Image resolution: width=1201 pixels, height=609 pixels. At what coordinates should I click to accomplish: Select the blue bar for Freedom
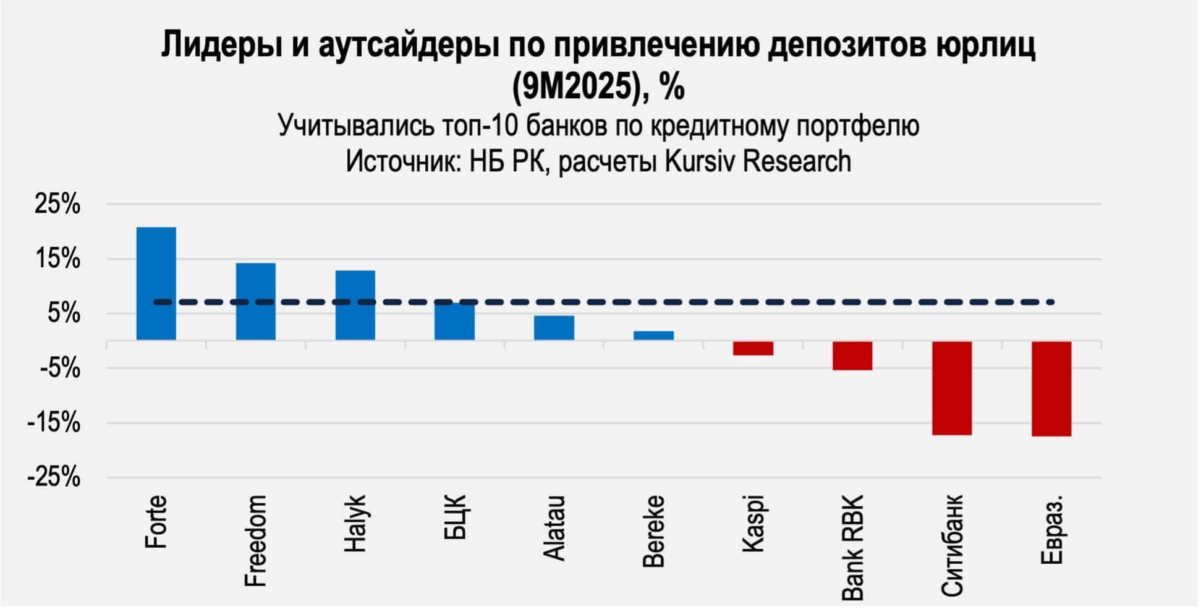[x=256, y=301]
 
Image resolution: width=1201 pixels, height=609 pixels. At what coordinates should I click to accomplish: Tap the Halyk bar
[x=355, y=305]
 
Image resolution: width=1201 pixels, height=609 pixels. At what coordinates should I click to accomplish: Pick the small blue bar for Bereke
[x=653, y=335]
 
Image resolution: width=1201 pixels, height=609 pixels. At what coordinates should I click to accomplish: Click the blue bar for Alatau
[x=554, y=328]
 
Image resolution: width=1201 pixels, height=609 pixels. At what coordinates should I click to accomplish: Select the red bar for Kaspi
[x=753, y=348]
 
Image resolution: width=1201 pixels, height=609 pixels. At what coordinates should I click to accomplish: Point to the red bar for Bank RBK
[x=852, y=356]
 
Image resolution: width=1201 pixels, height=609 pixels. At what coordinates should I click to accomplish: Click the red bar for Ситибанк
[x=952, y=388]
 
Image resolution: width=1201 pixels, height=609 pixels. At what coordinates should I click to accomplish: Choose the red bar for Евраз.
[x=1051, y=388]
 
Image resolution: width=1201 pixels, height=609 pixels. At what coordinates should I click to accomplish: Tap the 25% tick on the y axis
[x=57, y=205]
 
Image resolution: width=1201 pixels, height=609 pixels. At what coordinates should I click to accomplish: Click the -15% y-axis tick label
[x=54, y=424]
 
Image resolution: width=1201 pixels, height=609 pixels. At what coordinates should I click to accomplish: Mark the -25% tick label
[x=54, y=478]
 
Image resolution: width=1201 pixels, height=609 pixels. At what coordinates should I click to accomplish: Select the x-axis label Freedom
[x=256, y=540]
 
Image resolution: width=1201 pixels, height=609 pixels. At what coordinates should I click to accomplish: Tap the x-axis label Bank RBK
[x=853, y=547]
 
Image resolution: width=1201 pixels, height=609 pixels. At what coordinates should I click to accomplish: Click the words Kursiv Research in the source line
[x=758, y=161]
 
